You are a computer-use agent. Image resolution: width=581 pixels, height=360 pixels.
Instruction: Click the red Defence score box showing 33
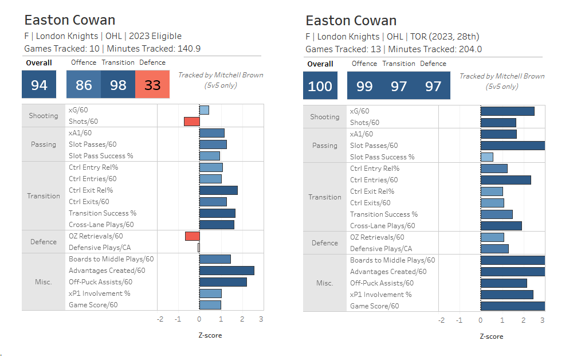point(152,84)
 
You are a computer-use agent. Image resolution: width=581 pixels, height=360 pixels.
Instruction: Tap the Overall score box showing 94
point(39,84)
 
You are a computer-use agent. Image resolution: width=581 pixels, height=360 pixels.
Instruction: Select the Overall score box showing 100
point(320,85)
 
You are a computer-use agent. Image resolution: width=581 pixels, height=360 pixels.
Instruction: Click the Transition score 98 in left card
point(118,84)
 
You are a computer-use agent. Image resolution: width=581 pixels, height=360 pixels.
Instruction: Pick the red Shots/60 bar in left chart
point(192,121)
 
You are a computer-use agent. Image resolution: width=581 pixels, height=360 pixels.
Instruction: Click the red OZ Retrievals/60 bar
point(193,236)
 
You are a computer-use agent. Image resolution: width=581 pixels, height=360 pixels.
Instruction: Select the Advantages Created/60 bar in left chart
point(227,271)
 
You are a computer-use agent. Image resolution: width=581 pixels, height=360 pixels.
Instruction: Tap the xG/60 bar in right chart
point(507,111)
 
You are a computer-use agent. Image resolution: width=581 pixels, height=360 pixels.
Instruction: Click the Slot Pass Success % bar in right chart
point(487,157)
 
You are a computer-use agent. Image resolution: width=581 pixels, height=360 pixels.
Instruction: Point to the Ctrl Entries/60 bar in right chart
point(506,180)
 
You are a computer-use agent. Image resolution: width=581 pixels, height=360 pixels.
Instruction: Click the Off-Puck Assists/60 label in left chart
point(100,282)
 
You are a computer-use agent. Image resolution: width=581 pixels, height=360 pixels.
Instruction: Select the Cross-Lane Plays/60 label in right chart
point(382,226)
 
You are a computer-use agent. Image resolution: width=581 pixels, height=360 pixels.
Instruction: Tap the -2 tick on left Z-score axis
point(160,319)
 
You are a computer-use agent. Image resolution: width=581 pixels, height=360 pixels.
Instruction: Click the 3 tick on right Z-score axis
point(542,320)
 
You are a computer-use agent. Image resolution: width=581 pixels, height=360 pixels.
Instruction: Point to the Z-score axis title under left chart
point(210,335)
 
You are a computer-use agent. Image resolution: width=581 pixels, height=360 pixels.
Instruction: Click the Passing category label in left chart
point(44,144)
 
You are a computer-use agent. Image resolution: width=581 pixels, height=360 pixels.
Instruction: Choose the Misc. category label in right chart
point(324,283)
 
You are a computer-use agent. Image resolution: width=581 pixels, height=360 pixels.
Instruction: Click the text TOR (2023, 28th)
point(445,37)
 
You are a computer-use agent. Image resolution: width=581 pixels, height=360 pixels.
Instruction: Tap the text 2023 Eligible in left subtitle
point(155,36)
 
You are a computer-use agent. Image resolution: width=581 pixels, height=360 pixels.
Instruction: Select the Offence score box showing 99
point(364,85)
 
